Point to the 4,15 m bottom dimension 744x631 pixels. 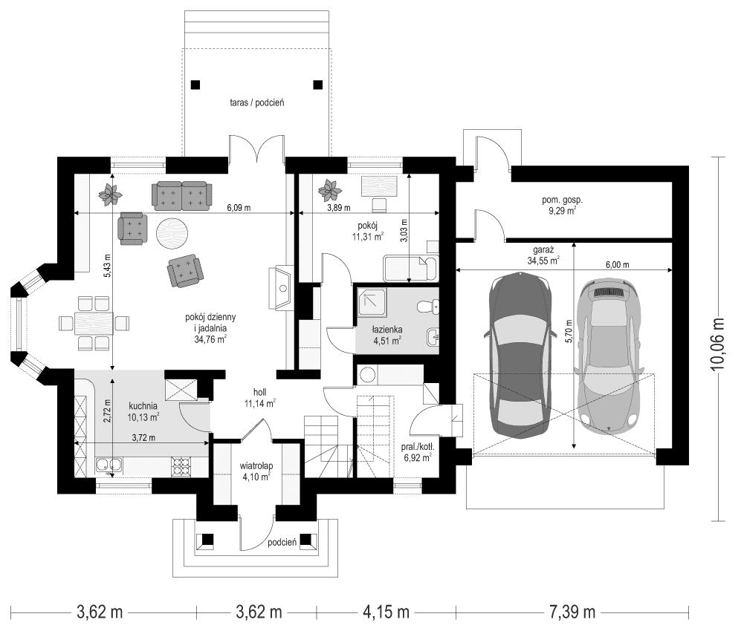point(386,612)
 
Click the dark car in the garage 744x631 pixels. point(520,355)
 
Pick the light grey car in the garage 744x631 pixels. point(610,355)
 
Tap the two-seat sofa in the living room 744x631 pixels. point(182,194)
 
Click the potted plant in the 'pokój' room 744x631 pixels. point(329,191)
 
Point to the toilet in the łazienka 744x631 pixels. point(427,306)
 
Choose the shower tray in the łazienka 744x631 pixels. point(369,303)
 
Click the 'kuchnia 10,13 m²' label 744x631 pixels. point(144,411)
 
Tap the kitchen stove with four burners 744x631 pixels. point(183,465)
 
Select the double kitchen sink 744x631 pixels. point(109,466)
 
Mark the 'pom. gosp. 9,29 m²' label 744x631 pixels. point(562,205)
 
